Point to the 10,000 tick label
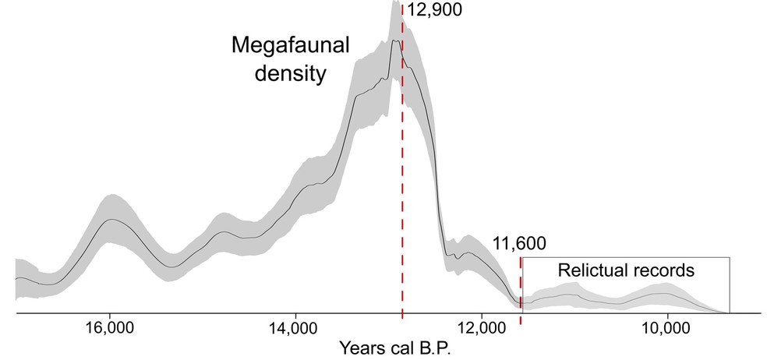pos(667,325)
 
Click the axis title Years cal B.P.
pos(394,346)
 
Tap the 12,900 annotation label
pos(434,10)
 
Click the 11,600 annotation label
pos(519,243)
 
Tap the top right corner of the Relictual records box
pos(729,256)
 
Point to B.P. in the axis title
pos(433,346)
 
